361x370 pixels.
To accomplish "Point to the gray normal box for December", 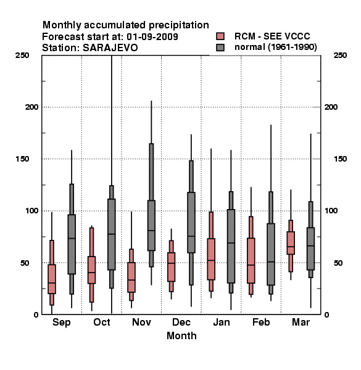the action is point(191,223).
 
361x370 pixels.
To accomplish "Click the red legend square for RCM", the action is point(220,36).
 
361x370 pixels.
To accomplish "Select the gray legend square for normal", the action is point(220,47).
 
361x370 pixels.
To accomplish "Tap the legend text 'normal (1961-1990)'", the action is point(275,47).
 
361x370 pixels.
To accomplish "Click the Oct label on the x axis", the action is point(102,323).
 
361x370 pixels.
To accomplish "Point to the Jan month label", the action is point(221,323).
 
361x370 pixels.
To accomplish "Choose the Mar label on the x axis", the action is point(301,323).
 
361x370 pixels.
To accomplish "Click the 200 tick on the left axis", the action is point(31,107).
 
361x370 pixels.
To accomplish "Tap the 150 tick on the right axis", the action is point(340,159).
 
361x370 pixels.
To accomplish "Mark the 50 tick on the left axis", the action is point(25,263).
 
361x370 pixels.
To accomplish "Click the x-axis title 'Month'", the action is point(181,336).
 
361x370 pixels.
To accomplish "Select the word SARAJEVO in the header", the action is point(110,48).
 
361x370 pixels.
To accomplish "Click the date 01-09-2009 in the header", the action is point(152,37).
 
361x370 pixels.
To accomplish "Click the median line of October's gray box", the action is point(112,234).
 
